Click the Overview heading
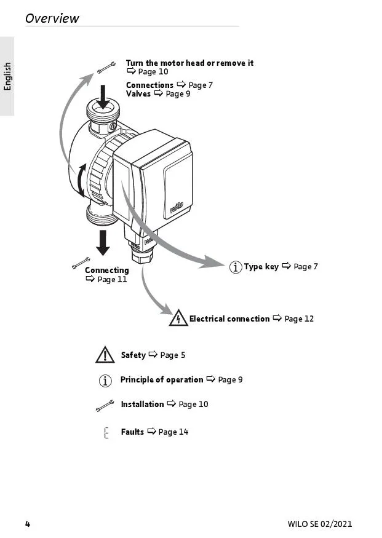52,18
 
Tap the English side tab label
7,76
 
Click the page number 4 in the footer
27,524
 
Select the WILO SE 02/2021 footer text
320,524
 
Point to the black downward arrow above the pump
103,97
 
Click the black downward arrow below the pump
103,242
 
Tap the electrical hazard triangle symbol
178,318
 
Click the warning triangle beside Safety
105,355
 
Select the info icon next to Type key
235,267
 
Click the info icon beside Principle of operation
106,381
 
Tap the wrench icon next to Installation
105,405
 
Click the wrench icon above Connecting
81,263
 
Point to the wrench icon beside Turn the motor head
106,66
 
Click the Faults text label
132,432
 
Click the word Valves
138,93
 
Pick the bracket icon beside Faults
106,432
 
